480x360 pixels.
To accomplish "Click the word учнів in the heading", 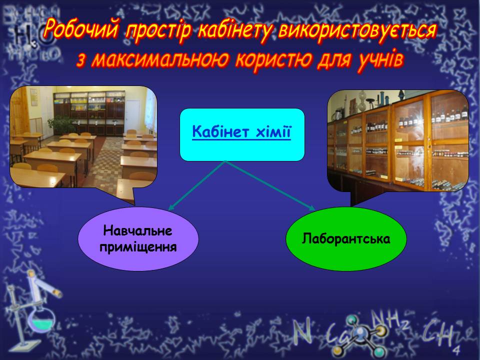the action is [380, 59].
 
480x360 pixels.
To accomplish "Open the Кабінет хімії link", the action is [241, 132].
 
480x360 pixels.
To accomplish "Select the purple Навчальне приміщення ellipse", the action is [138, 239].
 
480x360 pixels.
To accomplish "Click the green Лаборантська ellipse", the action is [346, 239].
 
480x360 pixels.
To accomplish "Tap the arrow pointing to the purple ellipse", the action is [197, 185].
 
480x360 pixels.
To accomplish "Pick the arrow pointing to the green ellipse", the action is [270, 185].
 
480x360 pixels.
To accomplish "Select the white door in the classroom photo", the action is [133, 115].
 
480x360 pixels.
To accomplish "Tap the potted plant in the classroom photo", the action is [61, 124].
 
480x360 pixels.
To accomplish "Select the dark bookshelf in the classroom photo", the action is [89, 113].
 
